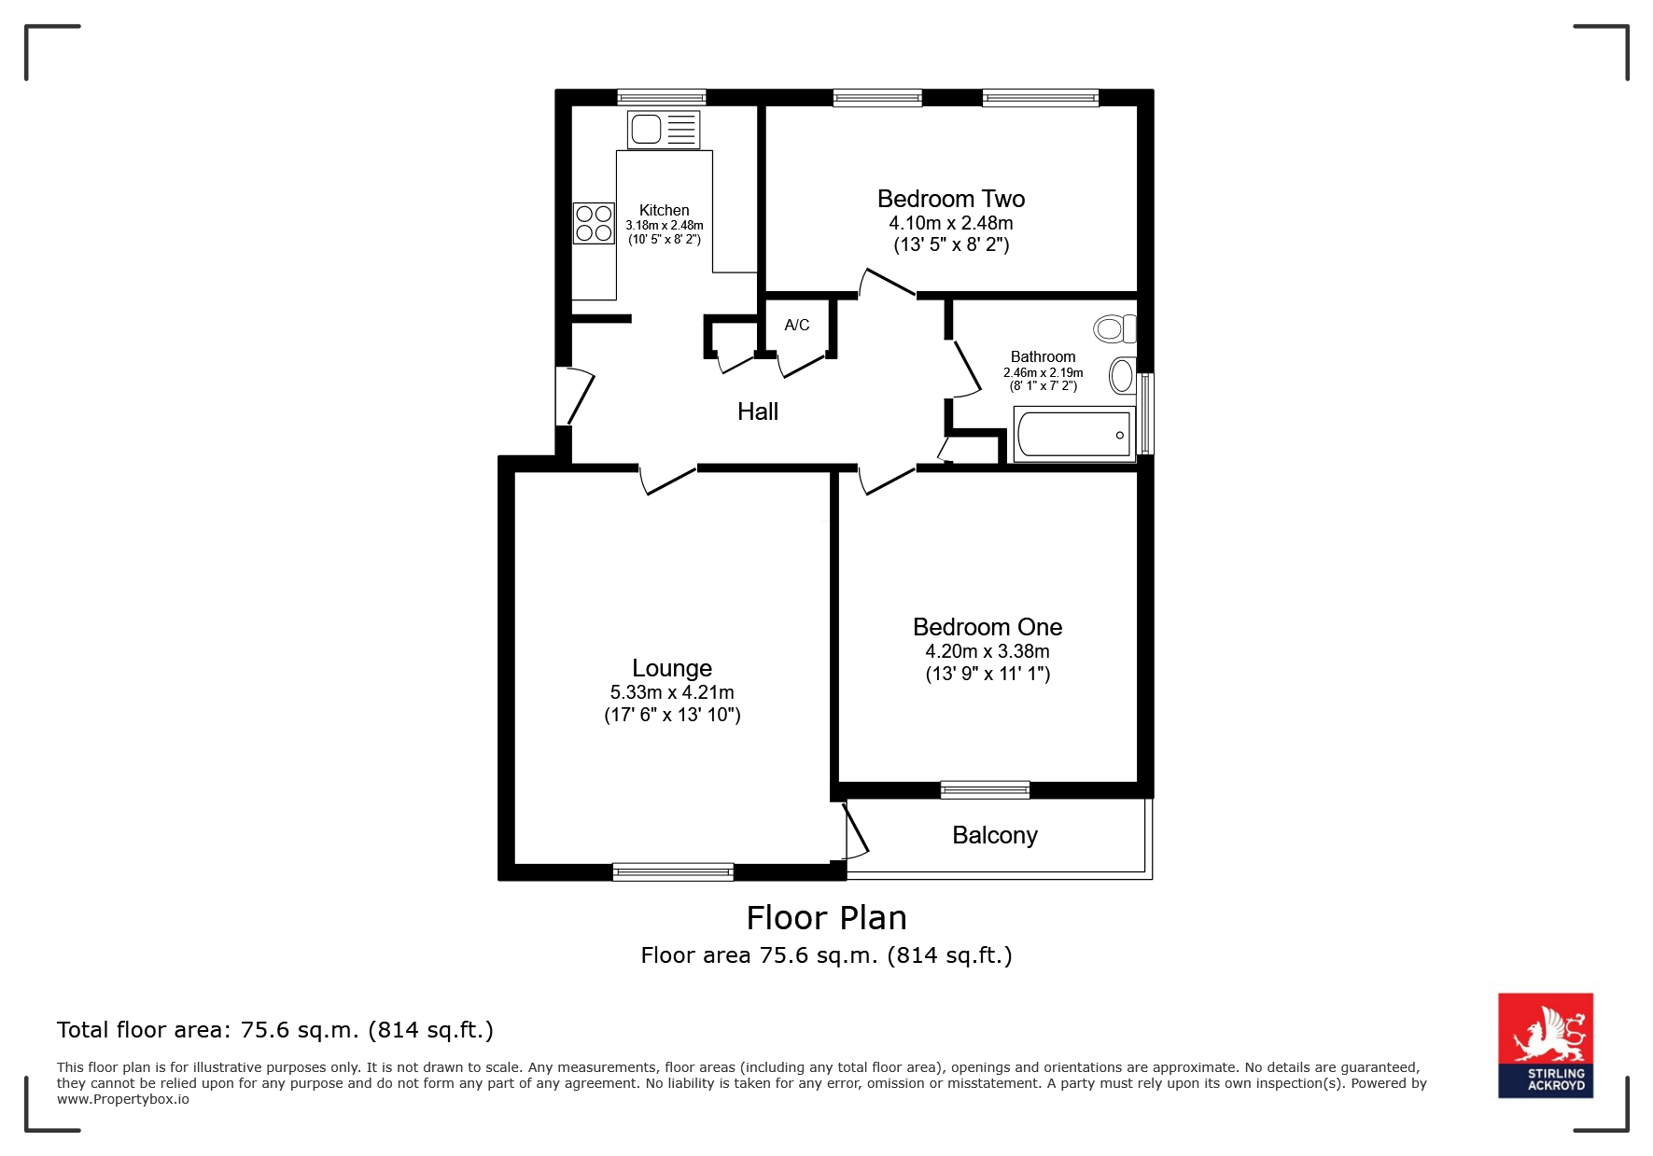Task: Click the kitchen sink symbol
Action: tap(664, 130)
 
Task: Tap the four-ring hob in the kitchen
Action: tap(594, 224)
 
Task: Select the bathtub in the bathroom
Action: tap(1073, 435)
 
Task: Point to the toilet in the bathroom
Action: tap(1115, 328)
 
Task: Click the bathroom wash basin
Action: tap(1123, 376)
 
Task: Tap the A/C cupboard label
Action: tap(797, 326)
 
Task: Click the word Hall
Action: tap(758, 411)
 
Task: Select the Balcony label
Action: tap(995, 836)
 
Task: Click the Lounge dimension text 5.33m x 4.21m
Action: tap(672, 692)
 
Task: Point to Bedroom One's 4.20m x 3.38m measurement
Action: tap(988, 651)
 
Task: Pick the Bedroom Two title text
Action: tap(951, 199)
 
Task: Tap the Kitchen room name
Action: tap(665, 211)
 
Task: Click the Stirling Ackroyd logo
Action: tap(1546, 1045)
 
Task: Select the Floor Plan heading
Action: tap(827, 918)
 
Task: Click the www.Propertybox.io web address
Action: tap(123, 1099)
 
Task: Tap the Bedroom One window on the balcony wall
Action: tap(985, 790)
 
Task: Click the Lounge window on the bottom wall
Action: tap(673, 872)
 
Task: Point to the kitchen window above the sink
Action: tap(662, 97)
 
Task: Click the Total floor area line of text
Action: tap(275, 1030)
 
